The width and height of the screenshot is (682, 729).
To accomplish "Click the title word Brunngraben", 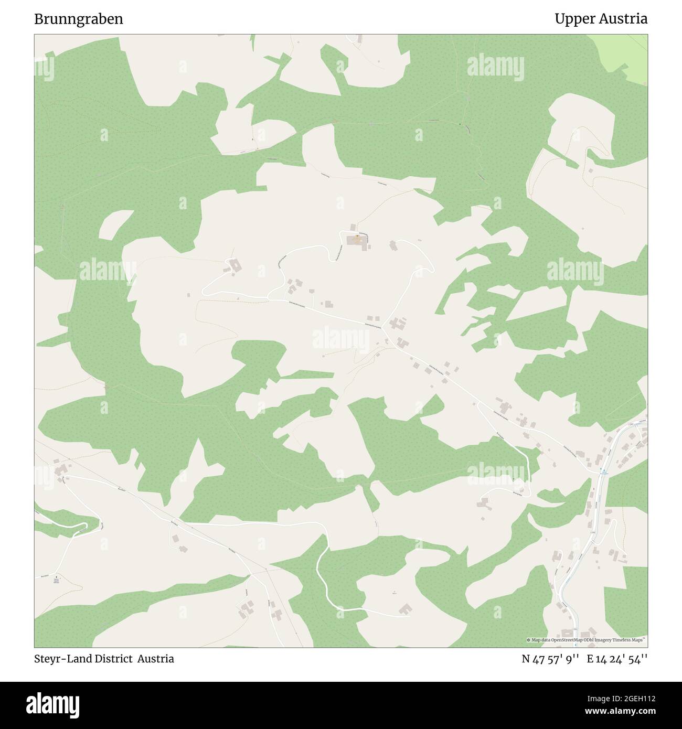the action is (79, 19).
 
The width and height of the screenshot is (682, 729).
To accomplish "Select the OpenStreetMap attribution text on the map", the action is (586, 640).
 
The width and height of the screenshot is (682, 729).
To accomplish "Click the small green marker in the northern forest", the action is (460, 124).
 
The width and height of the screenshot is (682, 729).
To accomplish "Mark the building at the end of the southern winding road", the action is (405, 609).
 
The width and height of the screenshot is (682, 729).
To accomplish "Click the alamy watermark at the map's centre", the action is (340, 338).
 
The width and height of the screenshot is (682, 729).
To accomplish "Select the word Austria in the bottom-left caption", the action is (156, 659).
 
